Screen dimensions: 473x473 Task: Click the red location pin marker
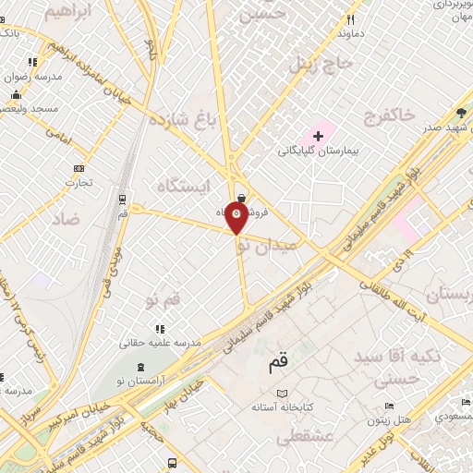(x=237, y=216)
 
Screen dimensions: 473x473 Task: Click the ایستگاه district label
(x=175, y=187)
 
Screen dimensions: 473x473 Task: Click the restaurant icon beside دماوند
(x=350, y=19)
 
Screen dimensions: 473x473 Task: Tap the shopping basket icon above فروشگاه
(x=241, y=197)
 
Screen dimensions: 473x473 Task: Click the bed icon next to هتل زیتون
(x=389, y=406)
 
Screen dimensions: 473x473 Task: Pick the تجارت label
(x=78, y=182)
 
